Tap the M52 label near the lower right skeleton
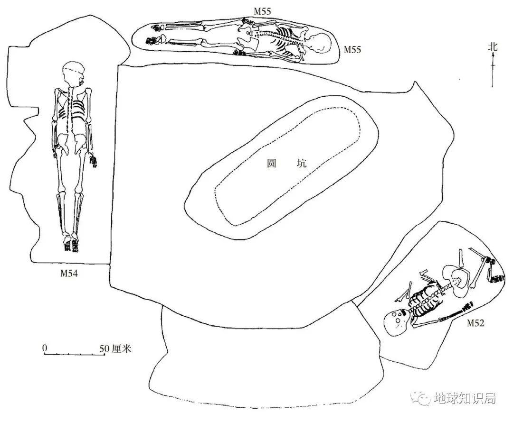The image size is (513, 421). [475, 324]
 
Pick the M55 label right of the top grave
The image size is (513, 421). [352, 49]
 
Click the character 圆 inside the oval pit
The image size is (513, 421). [271, 164]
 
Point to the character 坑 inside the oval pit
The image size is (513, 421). [302, 164]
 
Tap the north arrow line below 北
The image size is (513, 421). [493, 71]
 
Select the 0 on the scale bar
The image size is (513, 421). [45, 348]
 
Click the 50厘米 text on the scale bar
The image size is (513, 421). [115, 349]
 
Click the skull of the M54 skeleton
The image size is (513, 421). [73, 73]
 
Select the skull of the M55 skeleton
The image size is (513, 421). [318, 45]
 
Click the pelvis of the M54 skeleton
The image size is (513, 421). [72, 139]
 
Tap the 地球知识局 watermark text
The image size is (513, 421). [464, 398]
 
